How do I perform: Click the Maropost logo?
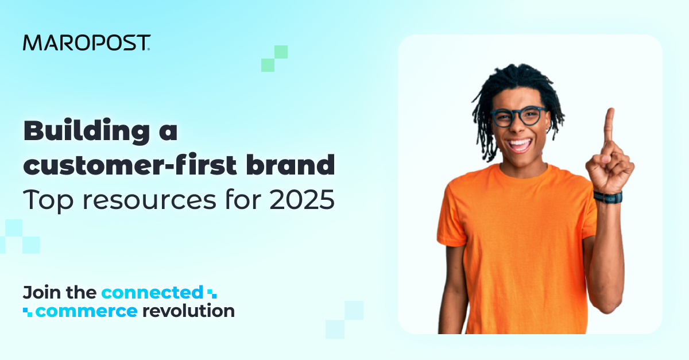(x=87, y=42)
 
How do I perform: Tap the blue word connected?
(x=152, y=292)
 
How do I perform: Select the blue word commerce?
(x=86, y=311)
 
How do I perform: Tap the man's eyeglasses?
(x=518, y=117)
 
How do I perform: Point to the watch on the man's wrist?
(x=607, y=197)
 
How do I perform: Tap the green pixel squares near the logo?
(x=274, y=59)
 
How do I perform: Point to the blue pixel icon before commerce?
(x=28, y=312)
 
